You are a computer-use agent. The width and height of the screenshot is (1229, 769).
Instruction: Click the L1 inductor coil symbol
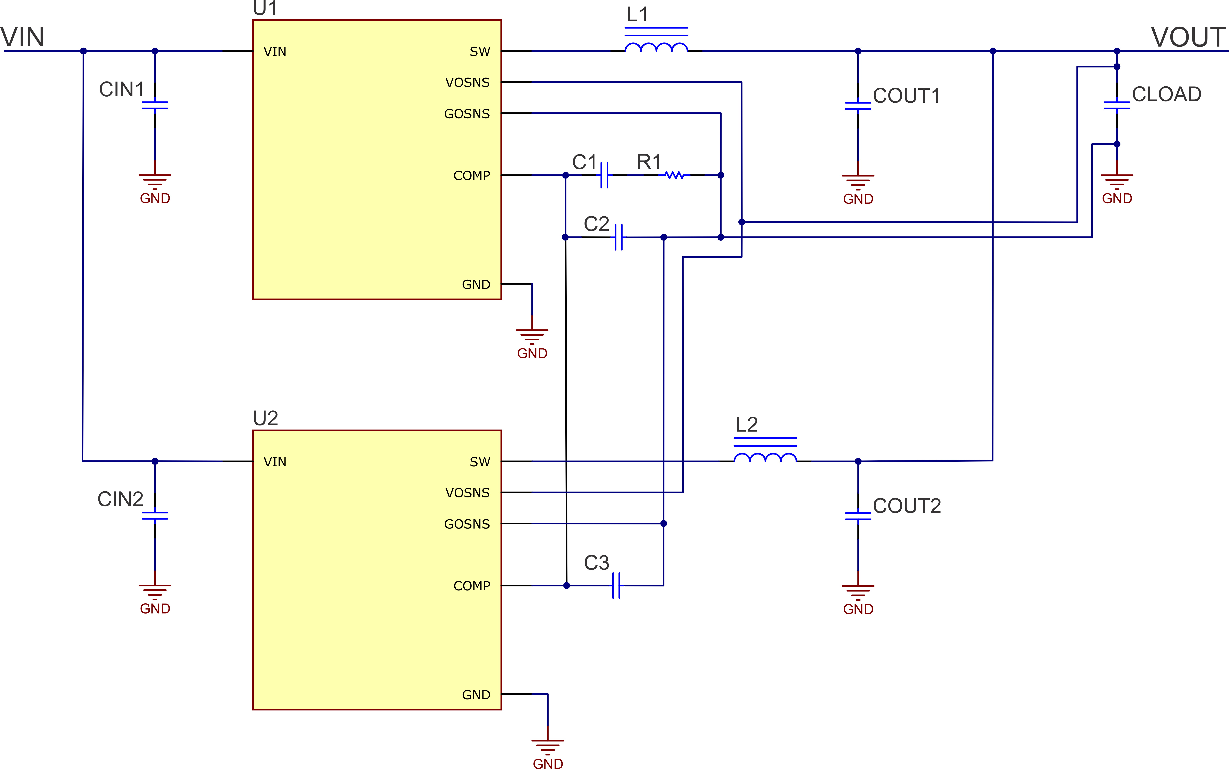coord(656,47)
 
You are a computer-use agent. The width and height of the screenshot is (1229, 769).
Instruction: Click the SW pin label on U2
coord(480,462)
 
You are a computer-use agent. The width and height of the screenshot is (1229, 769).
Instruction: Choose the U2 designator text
coord(266,418)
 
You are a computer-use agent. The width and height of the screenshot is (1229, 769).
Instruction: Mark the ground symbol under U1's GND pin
coord(532,336)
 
